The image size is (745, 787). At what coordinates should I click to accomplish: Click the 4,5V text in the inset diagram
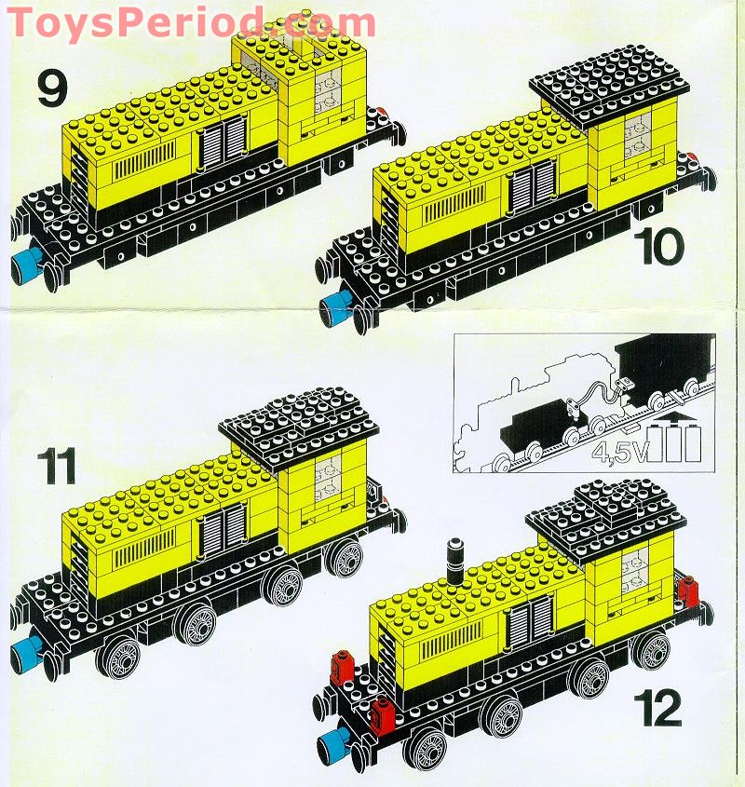pos(616,455)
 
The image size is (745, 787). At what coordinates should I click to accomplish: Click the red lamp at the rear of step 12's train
pos(689,590)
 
